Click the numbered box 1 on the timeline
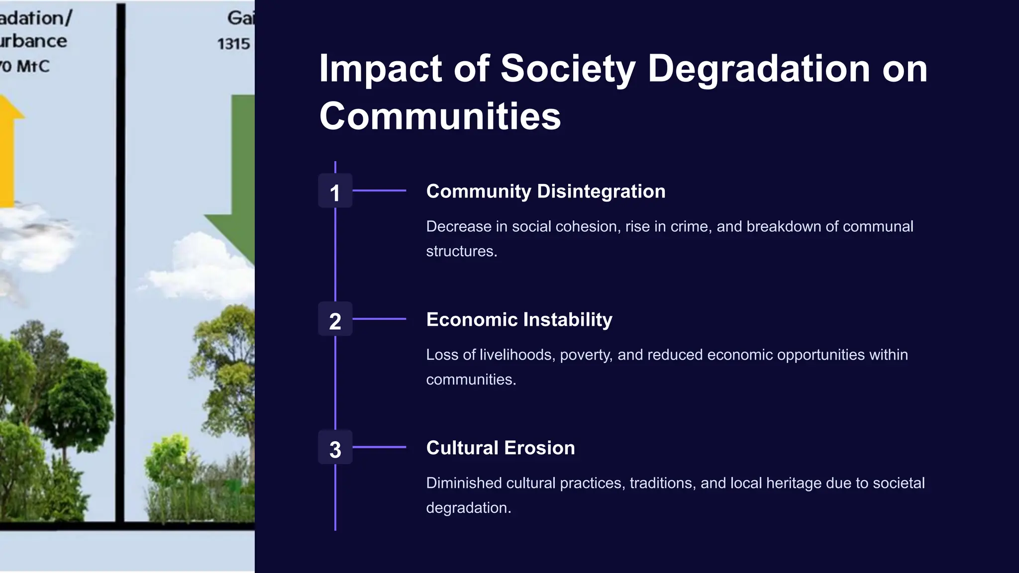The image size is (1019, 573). (335, 191)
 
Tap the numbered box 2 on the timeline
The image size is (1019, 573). (335, 319)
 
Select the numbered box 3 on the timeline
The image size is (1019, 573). (335, 448)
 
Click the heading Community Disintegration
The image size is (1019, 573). (545, 191)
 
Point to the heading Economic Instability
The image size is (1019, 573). (519, 320)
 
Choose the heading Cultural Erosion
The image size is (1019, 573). (500, 448)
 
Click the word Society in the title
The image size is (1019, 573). (568, 68)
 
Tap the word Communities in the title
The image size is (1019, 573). (440, 116)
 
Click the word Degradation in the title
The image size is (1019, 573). (759, 68)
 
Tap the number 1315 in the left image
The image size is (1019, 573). (233, 44)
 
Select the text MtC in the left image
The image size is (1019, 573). (33, 67)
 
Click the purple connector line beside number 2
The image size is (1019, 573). (379, 319)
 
